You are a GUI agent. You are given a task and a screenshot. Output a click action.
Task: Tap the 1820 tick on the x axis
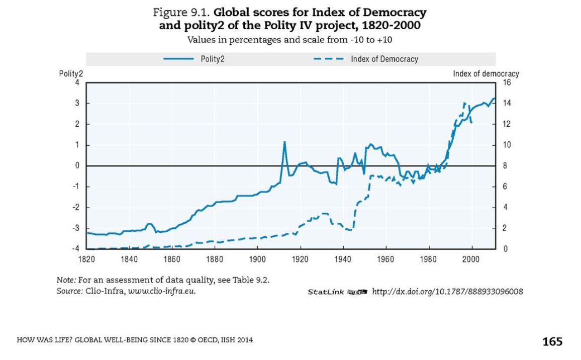87,258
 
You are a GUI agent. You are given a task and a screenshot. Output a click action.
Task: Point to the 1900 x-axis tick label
257,258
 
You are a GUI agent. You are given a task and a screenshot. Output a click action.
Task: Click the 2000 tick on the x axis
471,258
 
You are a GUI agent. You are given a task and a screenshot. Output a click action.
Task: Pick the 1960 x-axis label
385,258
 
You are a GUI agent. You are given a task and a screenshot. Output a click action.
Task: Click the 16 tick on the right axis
507,83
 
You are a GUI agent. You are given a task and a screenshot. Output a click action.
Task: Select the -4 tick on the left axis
77,248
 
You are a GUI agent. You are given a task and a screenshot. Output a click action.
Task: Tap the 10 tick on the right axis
507,145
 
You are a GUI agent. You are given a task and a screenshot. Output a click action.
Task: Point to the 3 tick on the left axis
78,104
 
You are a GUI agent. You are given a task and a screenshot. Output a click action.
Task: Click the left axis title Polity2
71,74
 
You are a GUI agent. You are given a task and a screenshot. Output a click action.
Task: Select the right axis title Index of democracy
486,74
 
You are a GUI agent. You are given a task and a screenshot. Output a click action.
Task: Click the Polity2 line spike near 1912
284,142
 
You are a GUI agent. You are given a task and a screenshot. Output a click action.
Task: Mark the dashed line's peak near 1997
465,103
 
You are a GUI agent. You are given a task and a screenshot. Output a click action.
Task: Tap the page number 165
552,341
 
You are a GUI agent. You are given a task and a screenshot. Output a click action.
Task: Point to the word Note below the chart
65,280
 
